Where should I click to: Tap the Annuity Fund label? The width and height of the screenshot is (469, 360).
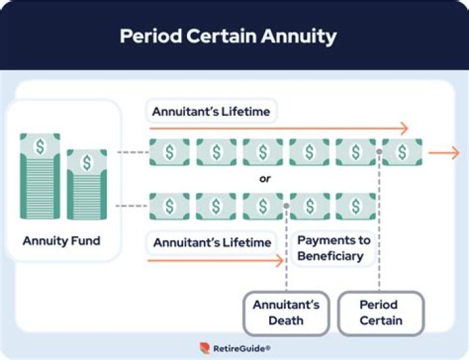click(x=61, y=241)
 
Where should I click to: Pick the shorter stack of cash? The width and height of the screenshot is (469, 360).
click(x=86, y=184)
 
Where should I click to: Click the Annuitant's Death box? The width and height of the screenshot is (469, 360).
click(x=287, y=312)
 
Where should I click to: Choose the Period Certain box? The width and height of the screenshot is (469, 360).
click(x=380, y=312)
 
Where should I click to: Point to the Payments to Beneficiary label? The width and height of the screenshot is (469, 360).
click(x=334, y=248)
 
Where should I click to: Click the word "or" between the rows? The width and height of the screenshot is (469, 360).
click(x=265, y=178)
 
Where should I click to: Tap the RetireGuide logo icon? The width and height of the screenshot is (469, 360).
click(x=205, y=348)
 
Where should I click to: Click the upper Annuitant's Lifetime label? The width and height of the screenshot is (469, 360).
click(x=211, y=112)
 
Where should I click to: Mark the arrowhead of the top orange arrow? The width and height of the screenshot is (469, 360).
click(x=404, y=129)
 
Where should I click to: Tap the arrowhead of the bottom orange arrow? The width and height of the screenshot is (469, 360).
click(x=279, y=261)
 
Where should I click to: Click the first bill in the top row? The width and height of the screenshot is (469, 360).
click(x=169, y=152)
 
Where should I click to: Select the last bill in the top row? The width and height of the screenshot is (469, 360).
click(x=402, y=152)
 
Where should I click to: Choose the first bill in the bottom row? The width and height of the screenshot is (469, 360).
click(x=169, y=206)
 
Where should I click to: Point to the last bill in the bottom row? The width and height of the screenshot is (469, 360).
click(x=356, y=206)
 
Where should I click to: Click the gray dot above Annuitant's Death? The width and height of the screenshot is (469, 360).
click(x=286, y=206)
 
